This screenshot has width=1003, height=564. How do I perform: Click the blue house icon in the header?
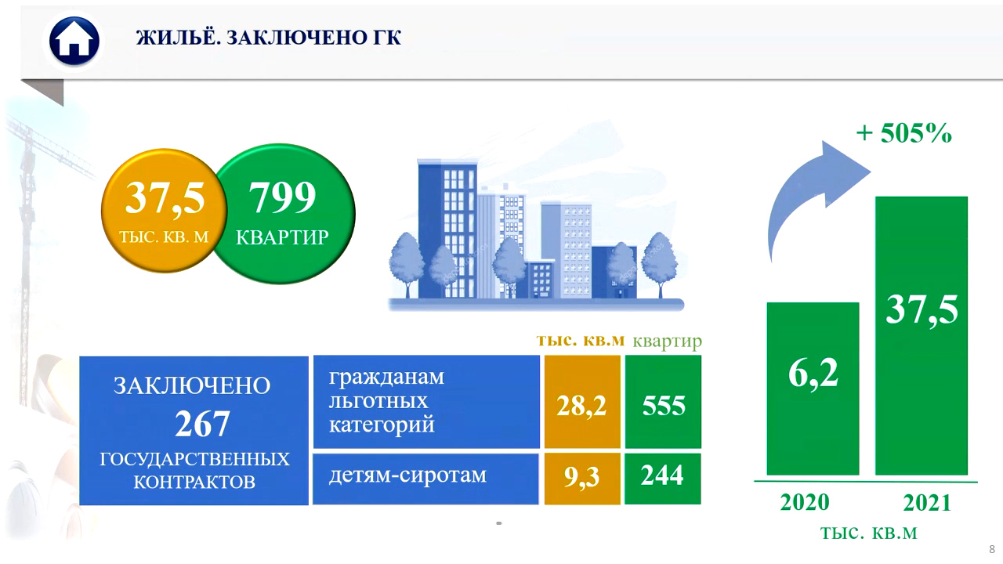74,42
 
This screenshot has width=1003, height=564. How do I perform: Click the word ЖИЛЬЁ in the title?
178,37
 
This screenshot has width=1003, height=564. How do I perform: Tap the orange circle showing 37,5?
164,211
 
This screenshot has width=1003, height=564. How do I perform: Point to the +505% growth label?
903,133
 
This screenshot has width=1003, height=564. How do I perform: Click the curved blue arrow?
802,193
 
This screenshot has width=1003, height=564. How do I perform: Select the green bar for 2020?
813,389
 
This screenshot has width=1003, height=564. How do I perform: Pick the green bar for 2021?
922,335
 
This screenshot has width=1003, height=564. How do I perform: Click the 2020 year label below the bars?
805,502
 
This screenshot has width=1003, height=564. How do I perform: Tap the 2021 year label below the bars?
927,503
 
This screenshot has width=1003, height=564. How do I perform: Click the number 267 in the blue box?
202,424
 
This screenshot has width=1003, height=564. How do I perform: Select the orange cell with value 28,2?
582,402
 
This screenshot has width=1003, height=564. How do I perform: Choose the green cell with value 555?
663,402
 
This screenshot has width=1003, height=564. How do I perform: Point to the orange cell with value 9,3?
582,479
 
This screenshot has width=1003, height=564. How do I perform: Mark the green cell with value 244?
663,479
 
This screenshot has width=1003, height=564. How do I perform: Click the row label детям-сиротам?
407,475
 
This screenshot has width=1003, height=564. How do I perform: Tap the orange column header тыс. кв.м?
581,340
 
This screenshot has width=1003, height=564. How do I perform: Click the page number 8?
992,549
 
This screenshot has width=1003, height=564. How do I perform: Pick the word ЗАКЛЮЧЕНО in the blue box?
192,386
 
